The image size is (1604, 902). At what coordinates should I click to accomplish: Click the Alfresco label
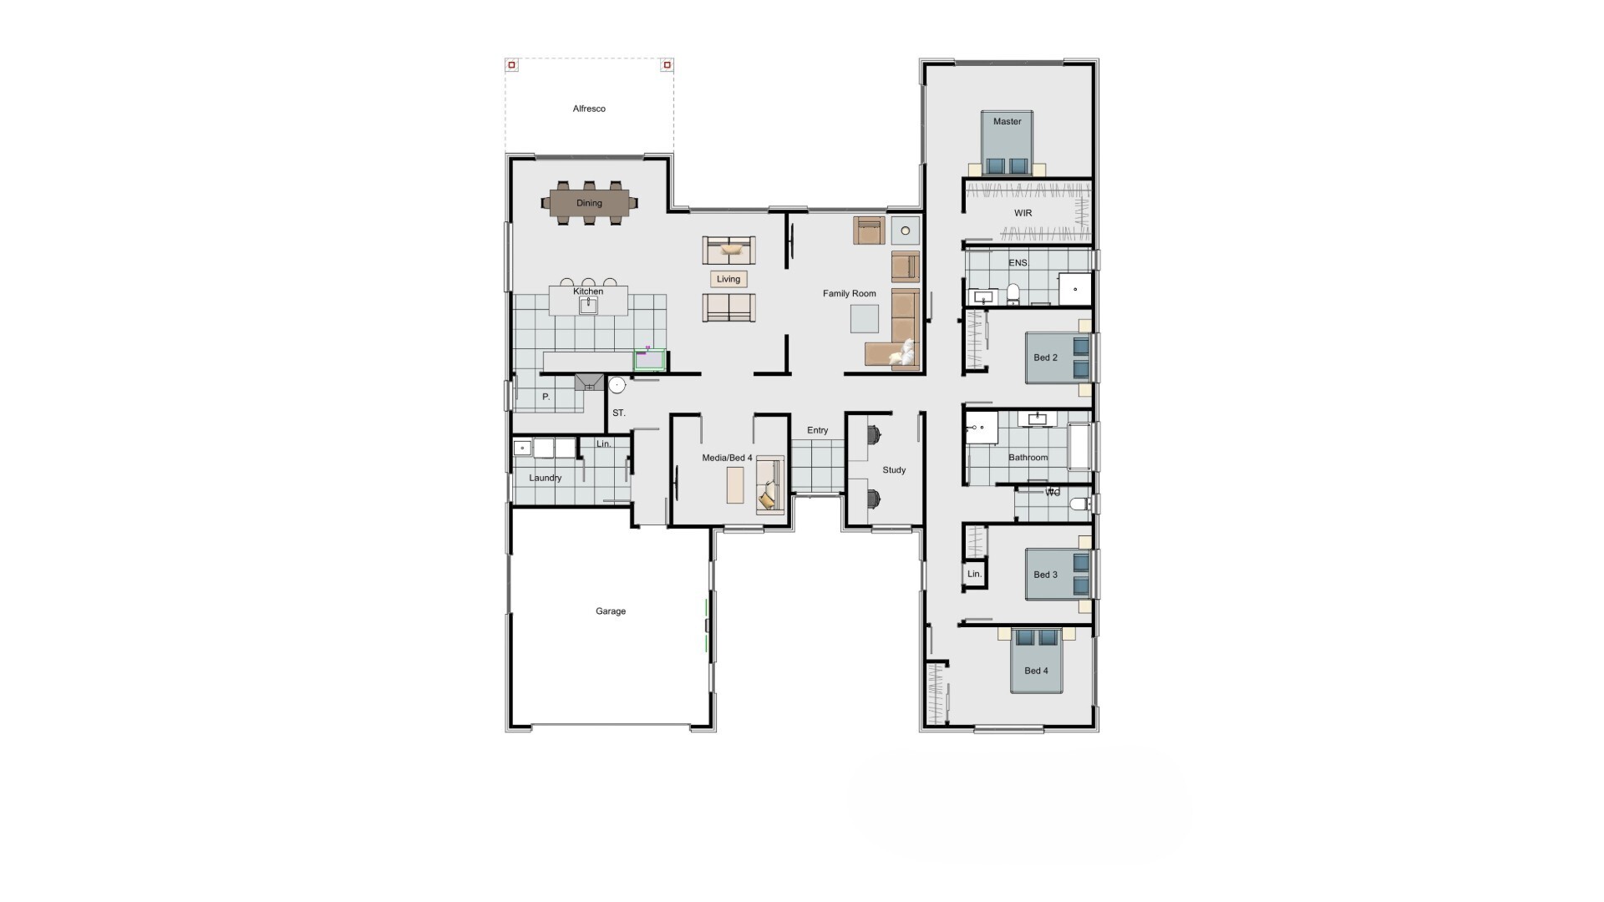589,109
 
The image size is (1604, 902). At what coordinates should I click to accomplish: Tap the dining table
589,203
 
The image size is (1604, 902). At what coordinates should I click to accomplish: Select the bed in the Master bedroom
1008,143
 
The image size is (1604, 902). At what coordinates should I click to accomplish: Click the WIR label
1023,213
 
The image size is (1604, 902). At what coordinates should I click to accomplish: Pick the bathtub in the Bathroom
1080,447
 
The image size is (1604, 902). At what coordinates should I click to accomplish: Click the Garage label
611,611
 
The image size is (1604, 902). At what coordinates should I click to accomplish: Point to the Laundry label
546,478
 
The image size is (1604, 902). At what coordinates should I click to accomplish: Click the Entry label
818,430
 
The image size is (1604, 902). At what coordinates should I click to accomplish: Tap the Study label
894,470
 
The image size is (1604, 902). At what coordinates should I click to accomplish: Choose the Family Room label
850,293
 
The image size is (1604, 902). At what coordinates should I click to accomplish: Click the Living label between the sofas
728,279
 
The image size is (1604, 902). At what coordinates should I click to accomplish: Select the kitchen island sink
588,305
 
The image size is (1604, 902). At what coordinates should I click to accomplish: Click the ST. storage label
619,413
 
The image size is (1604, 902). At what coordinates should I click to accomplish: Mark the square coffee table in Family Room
865,319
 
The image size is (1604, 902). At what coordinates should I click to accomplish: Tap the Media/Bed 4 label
727,458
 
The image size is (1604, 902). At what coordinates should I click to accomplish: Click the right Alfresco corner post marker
667,64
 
